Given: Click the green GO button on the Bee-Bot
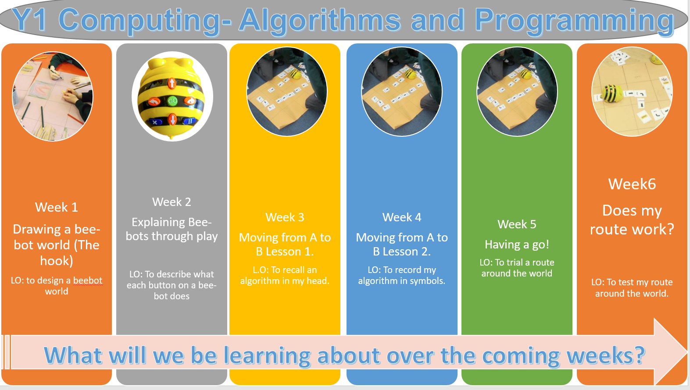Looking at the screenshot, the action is [x=172, y=101].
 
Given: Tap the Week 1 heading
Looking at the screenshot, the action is [x=57, y=207].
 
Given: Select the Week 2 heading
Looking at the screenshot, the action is [x=172, y=202].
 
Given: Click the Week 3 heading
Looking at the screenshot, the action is [x=285, y=217].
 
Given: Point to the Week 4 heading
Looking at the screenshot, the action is [x=402, y=217].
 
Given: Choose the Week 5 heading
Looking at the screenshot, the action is [x=517, y=224].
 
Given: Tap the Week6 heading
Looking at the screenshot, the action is [x=632, y=184].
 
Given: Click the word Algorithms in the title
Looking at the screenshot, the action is [x=319, y=21].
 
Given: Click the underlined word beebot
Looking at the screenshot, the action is [x=88, y=280].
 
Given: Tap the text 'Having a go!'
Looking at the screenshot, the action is [x=517, y=245].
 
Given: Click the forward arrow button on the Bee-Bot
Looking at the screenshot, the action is [x=172, y=83].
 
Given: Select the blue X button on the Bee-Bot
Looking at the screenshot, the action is [x=155, y=122].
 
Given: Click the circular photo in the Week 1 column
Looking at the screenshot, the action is [x=52, y=96].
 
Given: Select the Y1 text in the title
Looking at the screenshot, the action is [x=29, y=20].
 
